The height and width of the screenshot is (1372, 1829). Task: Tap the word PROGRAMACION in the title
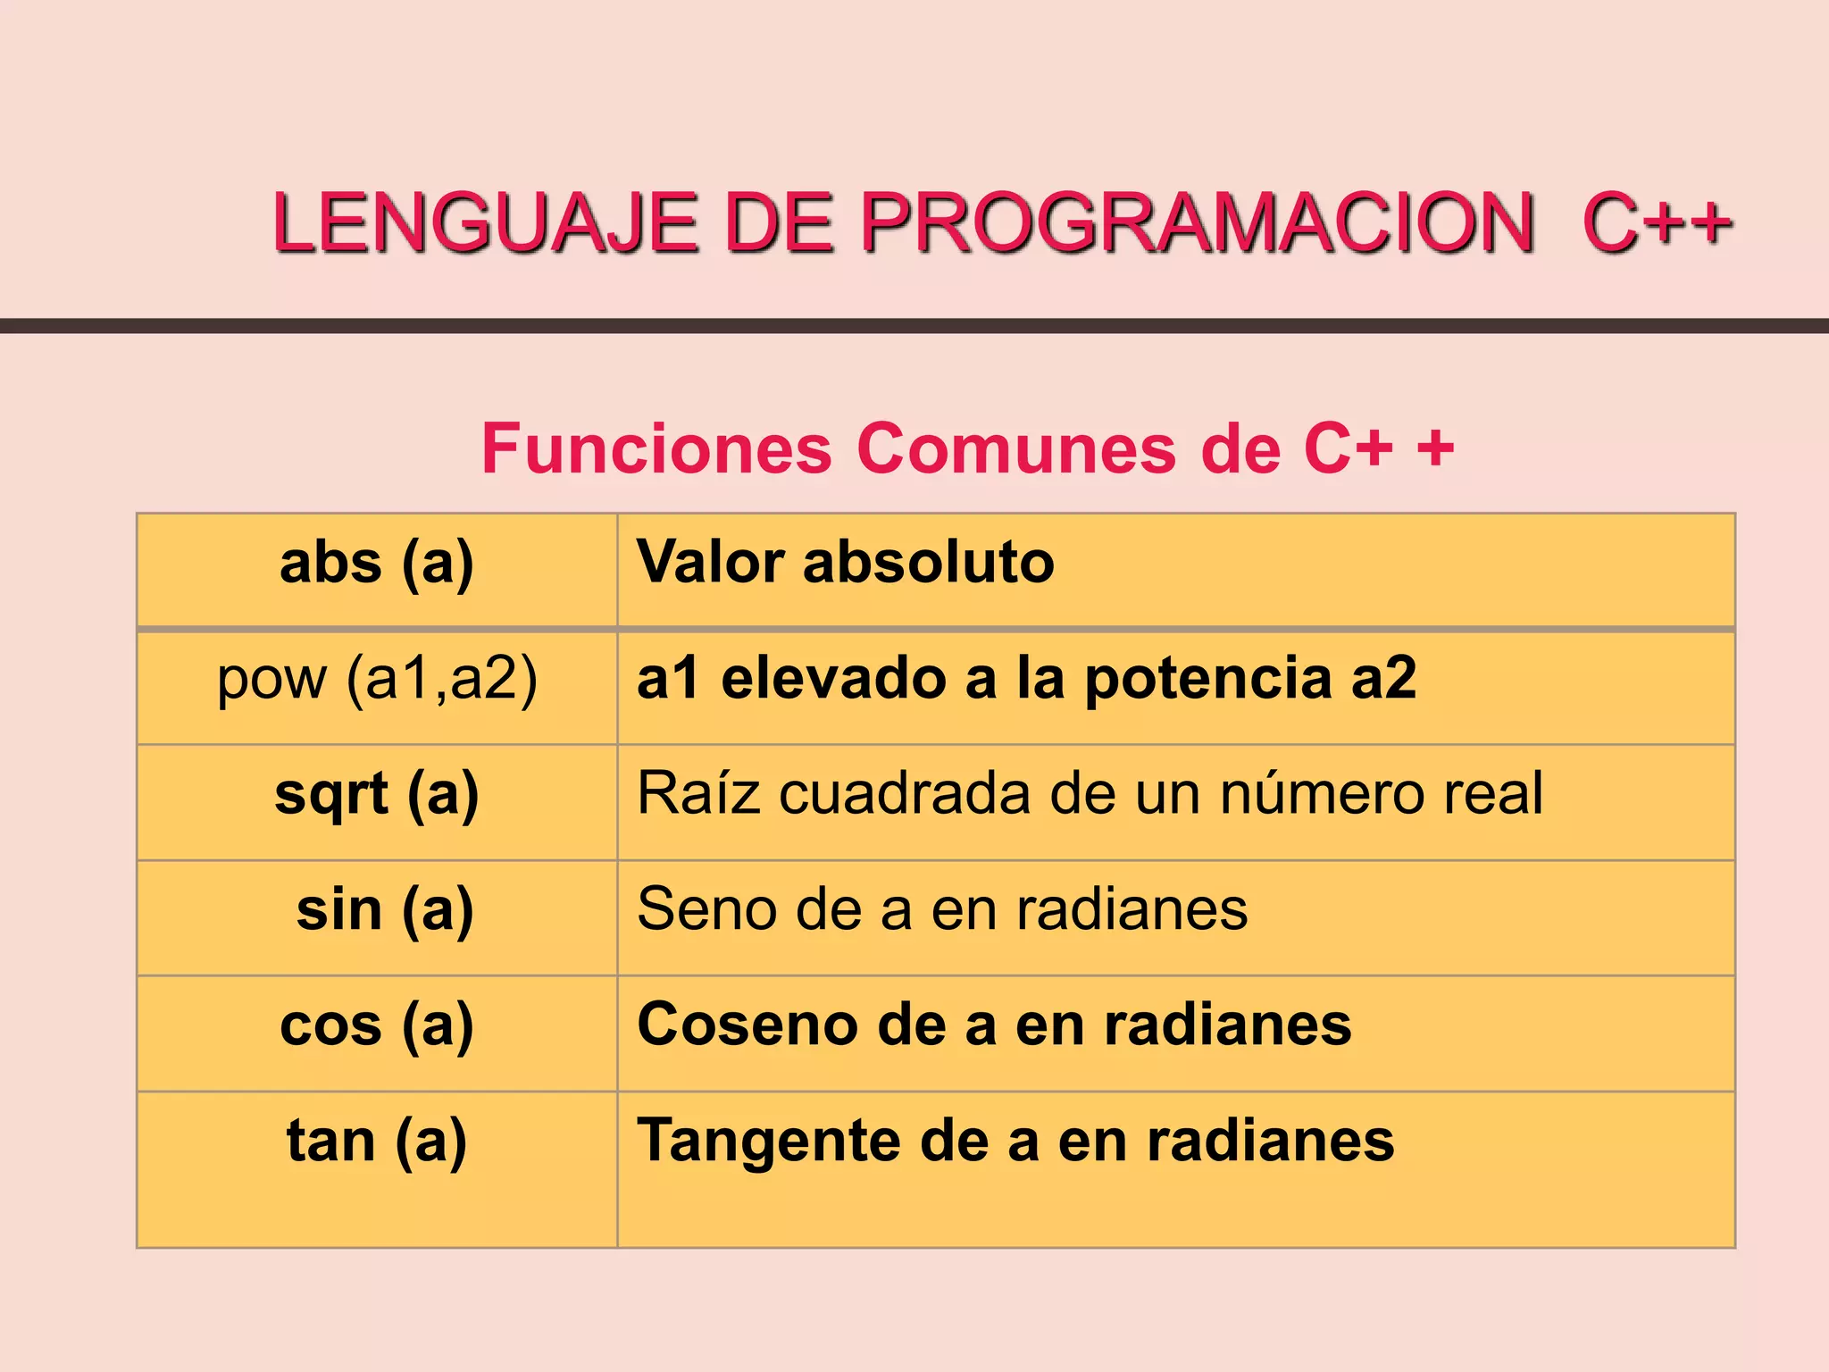click(1197, 222)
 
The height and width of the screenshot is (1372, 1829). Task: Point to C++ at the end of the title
click(1657, 222)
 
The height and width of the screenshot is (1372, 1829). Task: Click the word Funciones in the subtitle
click(656, 448)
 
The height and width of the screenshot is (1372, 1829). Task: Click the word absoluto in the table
click(928, 563)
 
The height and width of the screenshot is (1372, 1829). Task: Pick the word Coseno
click(747, 1025)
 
